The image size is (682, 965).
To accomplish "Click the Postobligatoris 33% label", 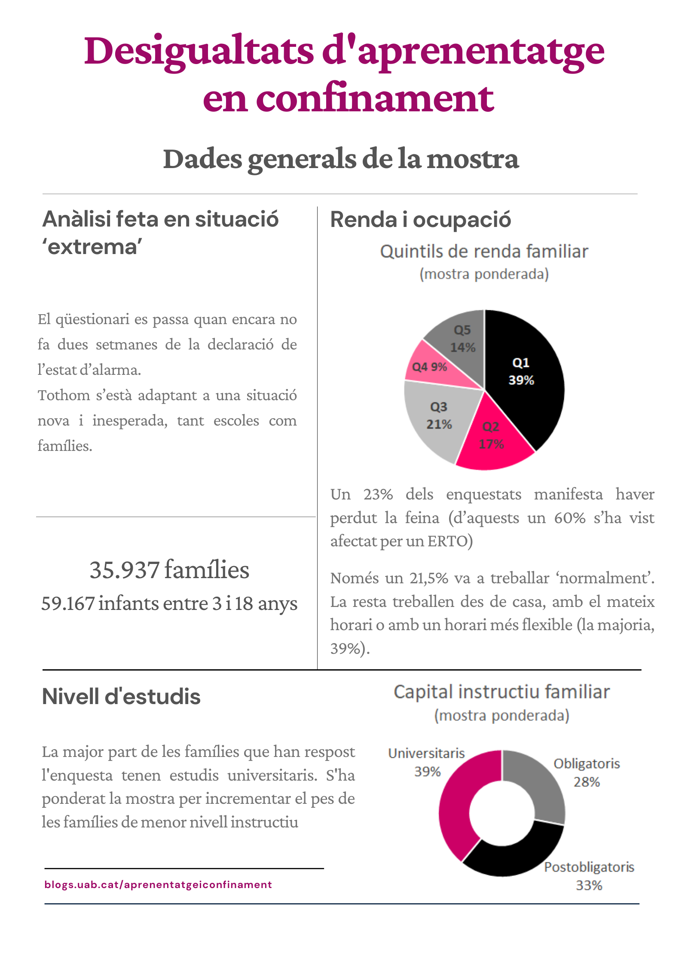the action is click(x=589, y=876).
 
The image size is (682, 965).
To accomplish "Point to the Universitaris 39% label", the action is click(x=427, y=762).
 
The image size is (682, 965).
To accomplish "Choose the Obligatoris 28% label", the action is click(x=587, y=772).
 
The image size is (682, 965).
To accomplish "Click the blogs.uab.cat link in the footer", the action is click(x=158, y=884).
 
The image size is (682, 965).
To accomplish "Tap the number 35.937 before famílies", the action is click(x=125, y=570).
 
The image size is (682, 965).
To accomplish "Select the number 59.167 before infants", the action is click(x=68, y=604).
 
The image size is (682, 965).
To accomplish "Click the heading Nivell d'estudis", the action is click(x=121, y=696).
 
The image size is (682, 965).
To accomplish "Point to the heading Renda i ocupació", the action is click(x=421, y=220).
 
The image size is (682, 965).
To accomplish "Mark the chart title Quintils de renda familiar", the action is click(x=484, y=251).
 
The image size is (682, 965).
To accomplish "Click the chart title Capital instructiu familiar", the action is click(x=502, y=692).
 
